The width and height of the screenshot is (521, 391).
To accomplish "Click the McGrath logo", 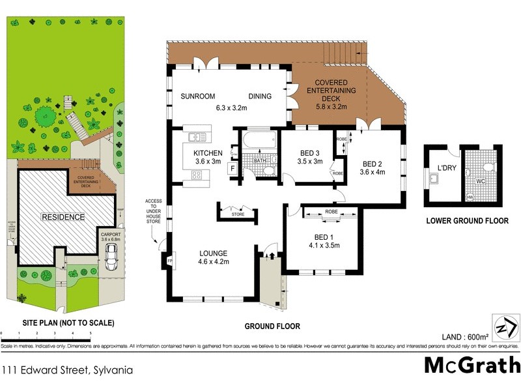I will (472, 365).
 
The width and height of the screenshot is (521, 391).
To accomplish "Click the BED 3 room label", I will (309, 152).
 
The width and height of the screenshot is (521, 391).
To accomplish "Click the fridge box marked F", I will (231, 168).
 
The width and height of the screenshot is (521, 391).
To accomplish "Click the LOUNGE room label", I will (213, 253).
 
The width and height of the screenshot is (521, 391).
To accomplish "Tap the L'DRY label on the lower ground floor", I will (446, 167).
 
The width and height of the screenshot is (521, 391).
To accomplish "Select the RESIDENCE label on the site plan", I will (63, 216).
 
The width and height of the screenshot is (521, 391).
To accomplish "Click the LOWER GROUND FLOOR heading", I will (467, 221).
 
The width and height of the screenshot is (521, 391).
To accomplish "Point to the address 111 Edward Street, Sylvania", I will (67, 369).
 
